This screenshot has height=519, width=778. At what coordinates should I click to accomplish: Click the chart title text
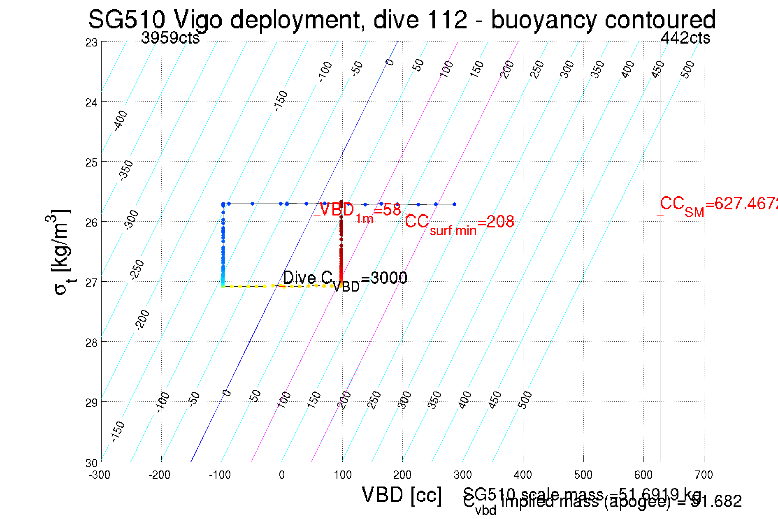pyautogui.click(x=402, y=19)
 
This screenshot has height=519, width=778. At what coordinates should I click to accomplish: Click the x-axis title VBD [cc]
pyautogui.click(x=402, y=495)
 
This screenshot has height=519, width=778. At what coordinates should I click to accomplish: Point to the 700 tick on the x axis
pyautogui.click(x=704, y=475)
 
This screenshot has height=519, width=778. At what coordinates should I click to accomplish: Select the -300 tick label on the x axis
pyautogui.click(x=100, y=475)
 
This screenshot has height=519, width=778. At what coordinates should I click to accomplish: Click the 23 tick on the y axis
pyautogui.click(x=91, y=42)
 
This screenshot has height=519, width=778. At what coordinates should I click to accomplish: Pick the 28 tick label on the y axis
pyautogui.click(x=91, y=342)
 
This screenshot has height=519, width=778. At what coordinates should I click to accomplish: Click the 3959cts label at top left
pyautogui.click(x=170, y=38)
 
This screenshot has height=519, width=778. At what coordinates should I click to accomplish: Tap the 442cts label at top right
pyautogui.click(x=685, y=38)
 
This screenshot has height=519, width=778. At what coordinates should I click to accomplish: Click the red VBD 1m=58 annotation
pyautogui.click(x=360, y=211)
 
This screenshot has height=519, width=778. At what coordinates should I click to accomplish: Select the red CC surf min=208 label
pyautogui.click(x=459, y=223)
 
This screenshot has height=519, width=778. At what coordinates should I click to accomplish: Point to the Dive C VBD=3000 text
pyautogui.click(x=345, y=280)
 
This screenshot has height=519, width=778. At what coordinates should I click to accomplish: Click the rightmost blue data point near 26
pyautogui.click(x=454, y=204)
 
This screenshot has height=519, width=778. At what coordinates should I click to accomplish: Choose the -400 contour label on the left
pyautogui.click(x=121, y=120)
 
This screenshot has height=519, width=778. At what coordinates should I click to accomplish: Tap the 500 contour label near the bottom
pyautogui.click(x=525, y=400)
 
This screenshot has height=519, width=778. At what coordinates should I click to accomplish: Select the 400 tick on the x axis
pyautogui.click(x=523, y=475)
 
